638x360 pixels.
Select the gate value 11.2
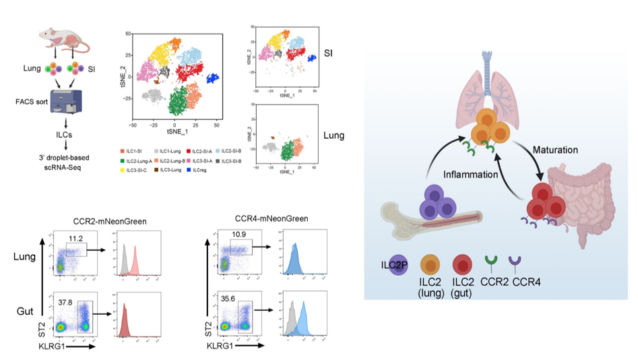pyautogui.click(x=78, y=237)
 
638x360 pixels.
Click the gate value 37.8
pyautogui.click(x=66, y=303)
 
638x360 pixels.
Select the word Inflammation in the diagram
pyautogui.click(x=471, y=174)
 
